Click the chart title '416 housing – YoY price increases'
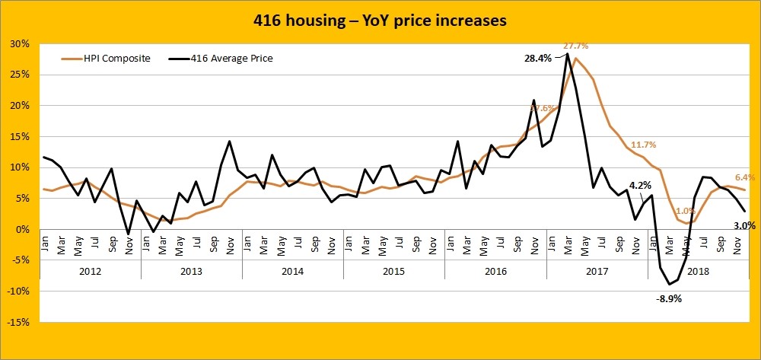[x=380, y=21]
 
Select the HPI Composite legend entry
[x=107, y=57]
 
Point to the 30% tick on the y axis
[x=20, y=43]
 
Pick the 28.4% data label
[x=538, y=58]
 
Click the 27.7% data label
[x=576, y=46]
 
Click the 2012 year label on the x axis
[x=90, y=271]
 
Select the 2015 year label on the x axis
[x=393, y=271]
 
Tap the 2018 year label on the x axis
[x=697, y=271]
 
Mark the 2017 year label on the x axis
[x=596, y=271]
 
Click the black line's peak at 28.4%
[x=567, y=53]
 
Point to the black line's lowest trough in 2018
[x=669, y=285]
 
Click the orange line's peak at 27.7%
[x=575, y=58]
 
